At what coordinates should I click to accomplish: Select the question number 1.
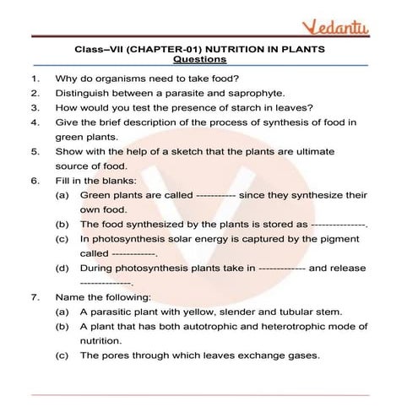[34, 79]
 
